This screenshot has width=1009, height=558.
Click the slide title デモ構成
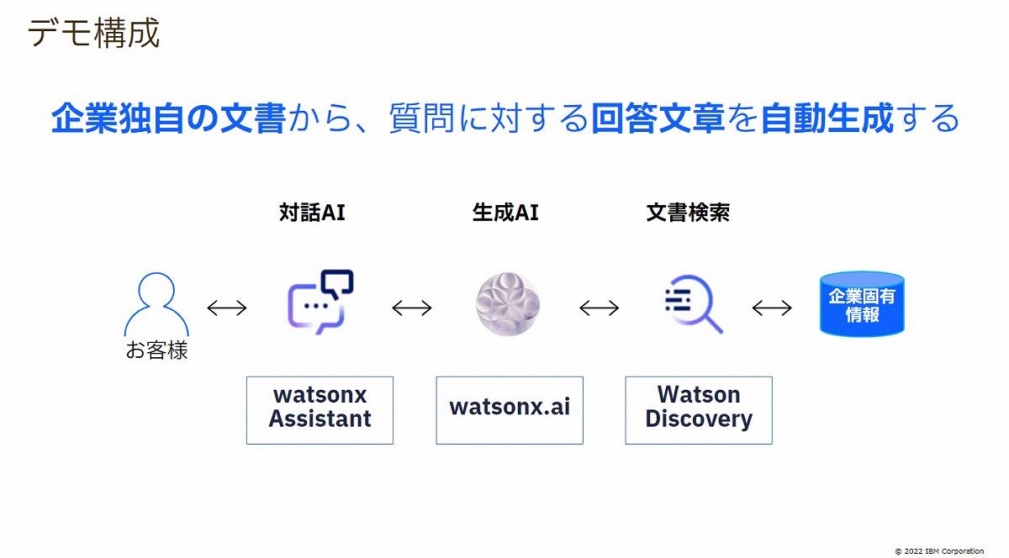(x=93, y=33)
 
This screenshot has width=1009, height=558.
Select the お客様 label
(x=156, y=350)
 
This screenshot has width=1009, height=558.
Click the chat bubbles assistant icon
(x=320, y=302)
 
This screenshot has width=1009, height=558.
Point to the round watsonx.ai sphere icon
(x=508, y=304)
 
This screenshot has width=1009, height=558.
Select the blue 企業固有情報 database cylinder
(x=862, y=304)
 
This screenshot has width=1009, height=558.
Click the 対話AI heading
(x=312, y=213)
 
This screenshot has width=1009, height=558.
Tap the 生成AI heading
(x=505, y=213)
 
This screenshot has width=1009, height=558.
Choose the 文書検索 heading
(x=688, y=213)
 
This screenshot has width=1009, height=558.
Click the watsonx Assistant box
(x=320, y=410)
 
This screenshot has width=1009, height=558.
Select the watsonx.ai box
(x=510, y=410)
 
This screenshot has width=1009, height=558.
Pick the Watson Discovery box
(x=699, y=410)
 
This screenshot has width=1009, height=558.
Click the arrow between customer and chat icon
(x=227, y=308)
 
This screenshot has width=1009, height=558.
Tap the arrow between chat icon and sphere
(x=412, y=308)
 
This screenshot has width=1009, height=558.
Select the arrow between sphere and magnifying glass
(x=599, y=308)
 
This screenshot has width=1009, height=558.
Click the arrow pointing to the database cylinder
(x=772, y=308)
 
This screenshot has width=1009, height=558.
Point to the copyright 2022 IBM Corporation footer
(x=939, y=551)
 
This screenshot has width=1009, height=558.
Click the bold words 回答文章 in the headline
(x=658, y=118)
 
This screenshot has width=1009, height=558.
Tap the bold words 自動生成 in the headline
(x=827, y=118)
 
